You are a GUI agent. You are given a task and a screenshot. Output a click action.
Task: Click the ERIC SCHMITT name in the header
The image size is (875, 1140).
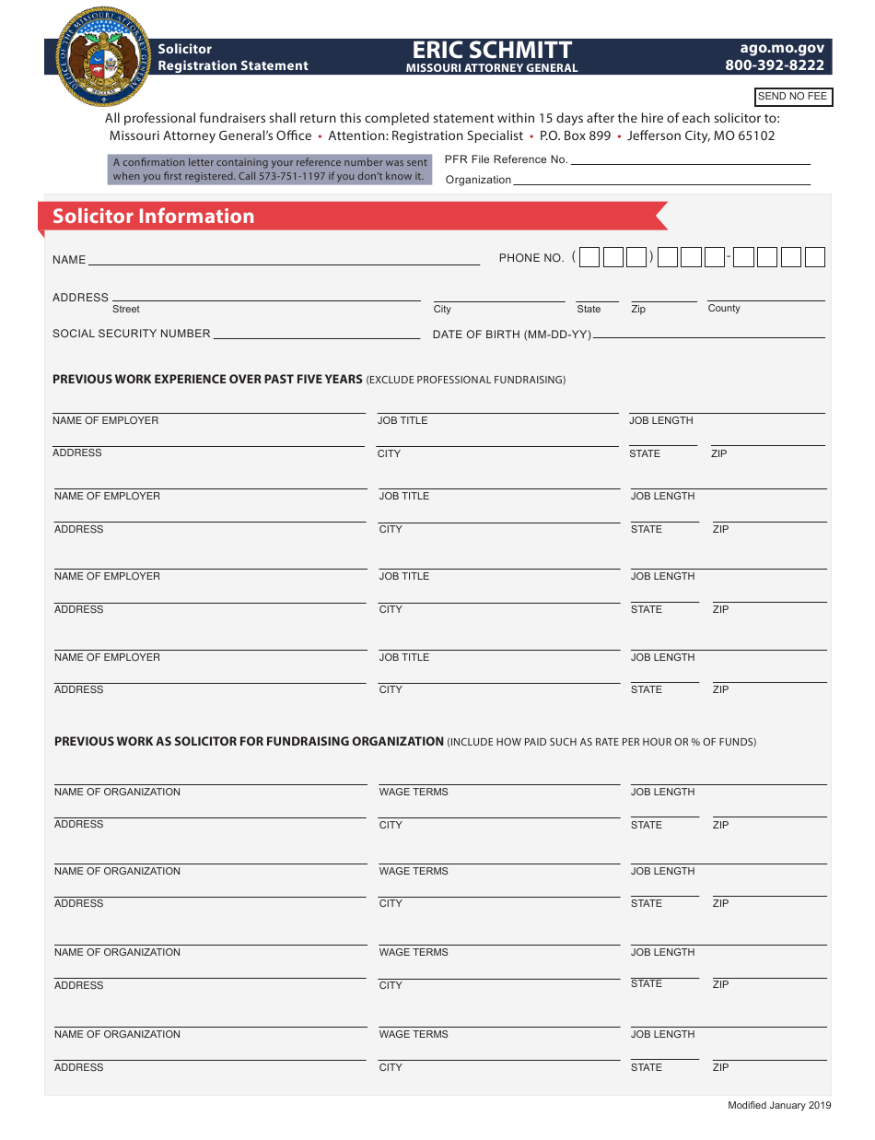(492, 50)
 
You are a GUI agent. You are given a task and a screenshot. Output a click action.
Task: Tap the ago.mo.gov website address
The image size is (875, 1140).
(782, 48)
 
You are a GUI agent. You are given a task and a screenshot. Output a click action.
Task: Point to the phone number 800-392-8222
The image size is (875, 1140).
(775, 65)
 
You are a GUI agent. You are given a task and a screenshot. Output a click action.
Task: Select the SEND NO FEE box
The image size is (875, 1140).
(792, 97)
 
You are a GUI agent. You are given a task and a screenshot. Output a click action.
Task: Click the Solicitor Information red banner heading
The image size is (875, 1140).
(153, 217)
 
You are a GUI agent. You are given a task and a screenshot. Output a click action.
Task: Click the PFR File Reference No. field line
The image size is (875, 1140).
(690, 160)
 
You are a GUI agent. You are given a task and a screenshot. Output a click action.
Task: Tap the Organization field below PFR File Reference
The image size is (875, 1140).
(660, 181)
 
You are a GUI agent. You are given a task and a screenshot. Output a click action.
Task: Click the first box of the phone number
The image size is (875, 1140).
(589, 258)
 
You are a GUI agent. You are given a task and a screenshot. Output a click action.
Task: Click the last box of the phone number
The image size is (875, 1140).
(814, 258)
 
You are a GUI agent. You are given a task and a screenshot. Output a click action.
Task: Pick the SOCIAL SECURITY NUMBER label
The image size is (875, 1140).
(132, 334)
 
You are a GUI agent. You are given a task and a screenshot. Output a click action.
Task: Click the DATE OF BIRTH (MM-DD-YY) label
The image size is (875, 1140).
(512, 335)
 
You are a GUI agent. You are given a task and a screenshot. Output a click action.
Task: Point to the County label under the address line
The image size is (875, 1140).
(724, 309)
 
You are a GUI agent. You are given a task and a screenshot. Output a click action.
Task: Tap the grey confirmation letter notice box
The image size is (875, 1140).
(270, 170)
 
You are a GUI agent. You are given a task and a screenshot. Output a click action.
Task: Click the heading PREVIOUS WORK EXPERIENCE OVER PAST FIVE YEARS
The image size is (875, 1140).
(207, 380)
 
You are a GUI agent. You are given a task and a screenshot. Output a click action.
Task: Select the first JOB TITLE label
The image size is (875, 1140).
(402, 421)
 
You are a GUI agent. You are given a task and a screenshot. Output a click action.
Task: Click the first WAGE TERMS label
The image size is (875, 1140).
(414, 793)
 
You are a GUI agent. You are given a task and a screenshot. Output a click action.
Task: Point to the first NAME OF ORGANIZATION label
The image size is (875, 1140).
(117, 793)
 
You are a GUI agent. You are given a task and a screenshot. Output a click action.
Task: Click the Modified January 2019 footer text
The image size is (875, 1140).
(779, 1106)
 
